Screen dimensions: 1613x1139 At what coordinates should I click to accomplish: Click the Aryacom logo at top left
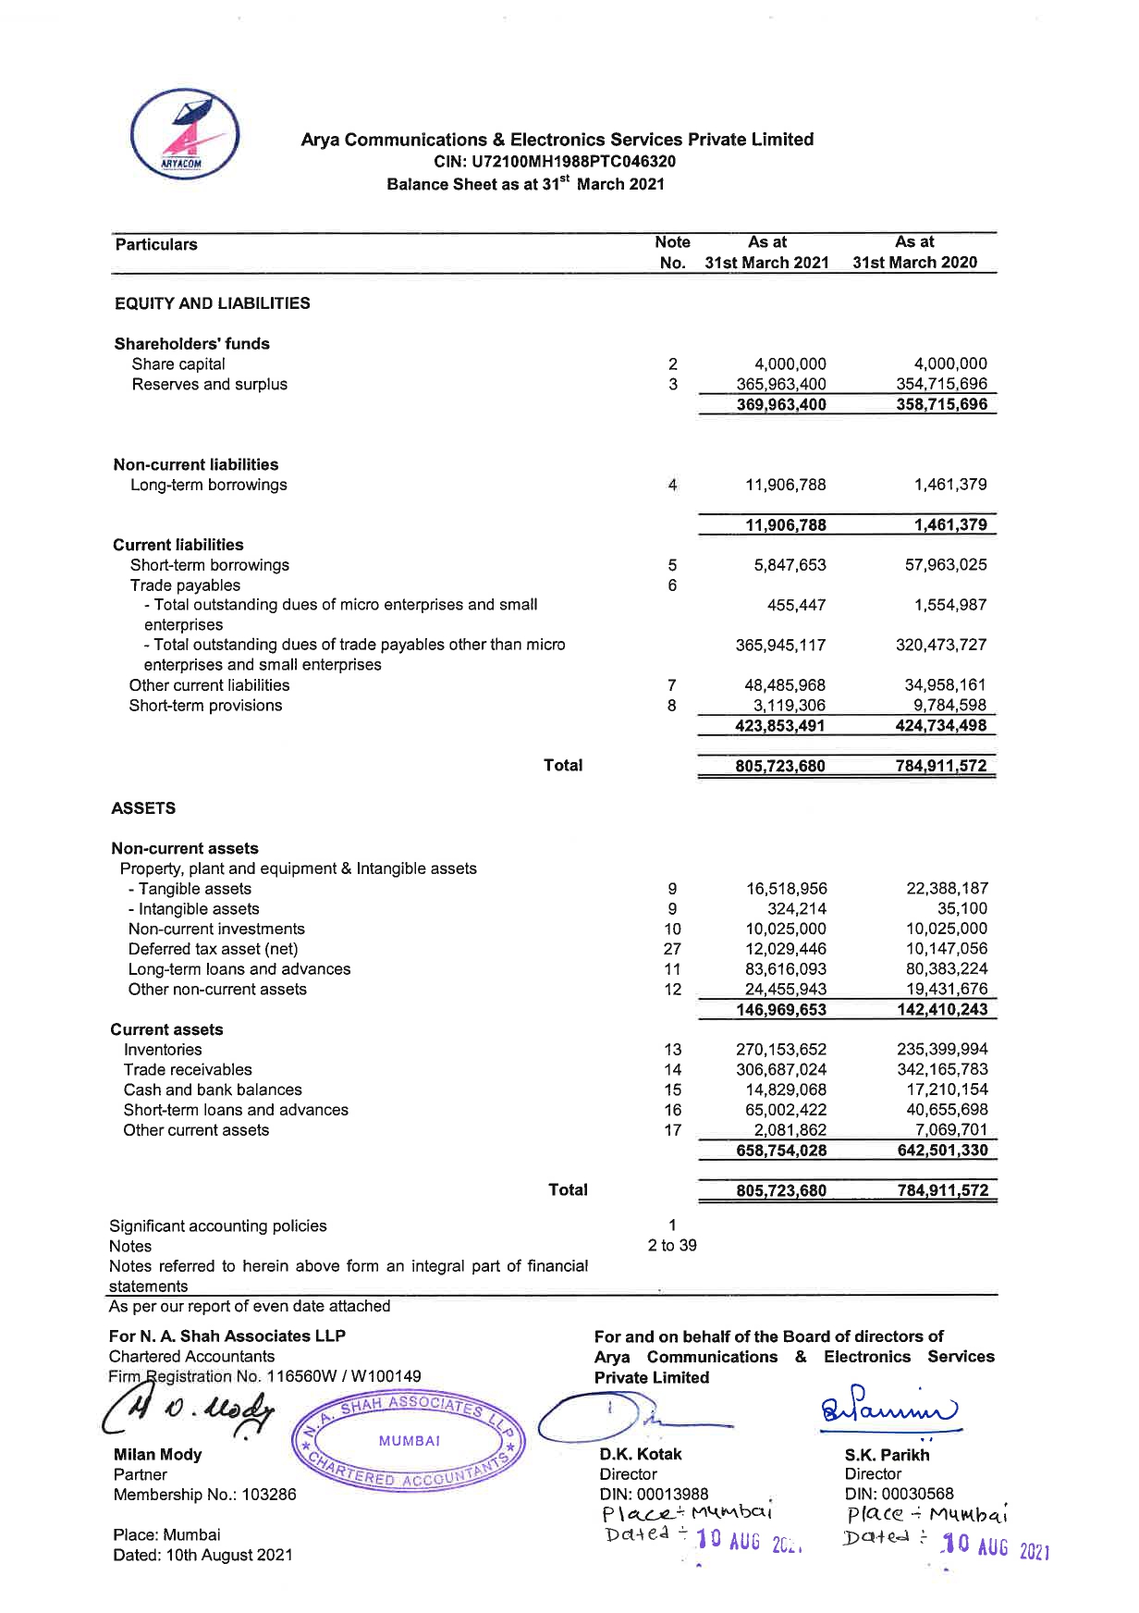click(185, 133)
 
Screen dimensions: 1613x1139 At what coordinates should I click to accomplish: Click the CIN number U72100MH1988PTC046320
click(555, 162)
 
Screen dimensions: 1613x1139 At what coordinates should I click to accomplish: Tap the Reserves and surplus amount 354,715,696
click(941, 384)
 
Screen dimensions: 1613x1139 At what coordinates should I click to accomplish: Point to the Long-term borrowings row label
click(209, 486)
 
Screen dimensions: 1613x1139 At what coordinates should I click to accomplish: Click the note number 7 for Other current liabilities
click(672, 685)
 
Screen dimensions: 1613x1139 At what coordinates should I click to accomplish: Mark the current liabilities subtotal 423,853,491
click(779, 726)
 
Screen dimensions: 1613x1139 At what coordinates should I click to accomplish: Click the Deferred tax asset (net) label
click(214, 949)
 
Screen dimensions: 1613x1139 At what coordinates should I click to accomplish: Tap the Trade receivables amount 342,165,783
click(942, 1070)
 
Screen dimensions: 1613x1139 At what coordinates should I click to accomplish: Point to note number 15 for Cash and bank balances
click(672, 1090)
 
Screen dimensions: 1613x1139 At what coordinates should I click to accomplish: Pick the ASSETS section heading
click(143, 808)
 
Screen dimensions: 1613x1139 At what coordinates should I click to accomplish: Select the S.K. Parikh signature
click(888, 1410)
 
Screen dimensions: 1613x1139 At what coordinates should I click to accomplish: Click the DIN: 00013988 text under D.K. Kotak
click(654, 1494)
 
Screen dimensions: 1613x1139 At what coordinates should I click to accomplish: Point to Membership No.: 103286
click(204, 1495)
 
